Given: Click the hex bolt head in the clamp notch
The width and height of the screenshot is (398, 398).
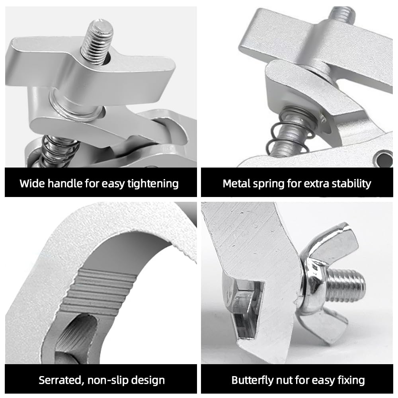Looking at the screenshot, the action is click(241, 302).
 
